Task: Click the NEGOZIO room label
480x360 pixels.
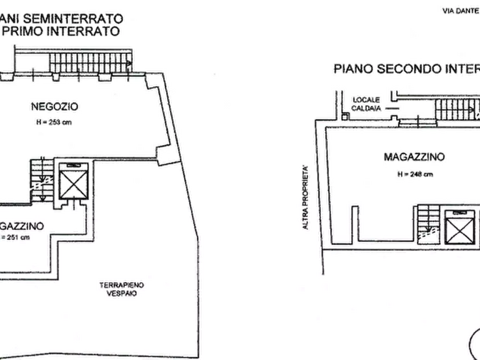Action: click(x=55, y=107)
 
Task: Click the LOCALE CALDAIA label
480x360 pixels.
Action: click(x=367, y=104)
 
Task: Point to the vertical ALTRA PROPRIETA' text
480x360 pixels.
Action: click(x=305, y=199)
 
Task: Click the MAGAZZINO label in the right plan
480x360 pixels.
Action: click(x=414, y=157)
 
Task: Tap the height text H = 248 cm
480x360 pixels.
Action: click(x=414, y=174)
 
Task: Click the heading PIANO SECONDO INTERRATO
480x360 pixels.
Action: click(x=406, y=69)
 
